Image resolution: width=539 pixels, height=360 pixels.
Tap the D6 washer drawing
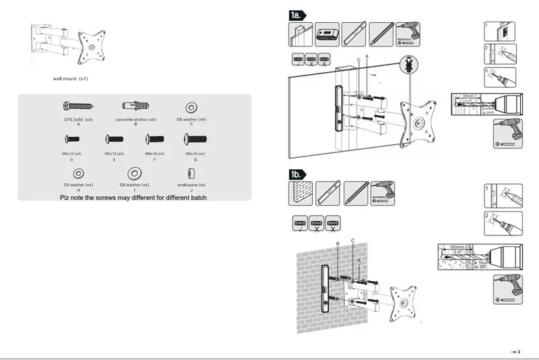coord(191,106)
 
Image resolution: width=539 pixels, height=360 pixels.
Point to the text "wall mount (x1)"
coord(71,79)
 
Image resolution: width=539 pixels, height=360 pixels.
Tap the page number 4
coord(519,351)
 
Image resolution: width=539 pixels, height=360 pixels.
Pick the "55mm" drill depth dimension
coord(468,96)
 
